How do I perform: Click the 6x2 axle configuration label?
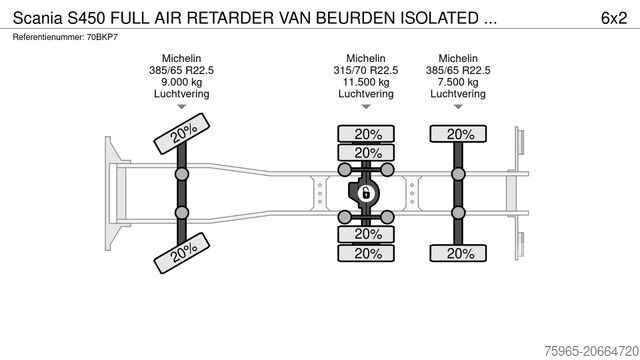pyautogui.click(x=614, y=17)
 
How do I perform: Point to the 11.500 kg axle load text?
pyautogui.click(x=367, y=83)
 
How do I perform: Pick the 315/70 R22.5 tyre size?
pyautogui.click(x=367, y=71)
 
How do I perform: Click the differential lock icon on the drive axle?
pyautogui.click(x=366, y=193)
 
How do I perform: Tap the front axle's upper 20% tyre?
pyautogui.click(x=182, y=135)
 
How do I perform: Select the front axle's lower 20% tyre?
pyautogui.click(x=182, y=251)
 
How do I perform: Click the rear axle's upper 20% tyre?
pyautogui.click(x=459, y=134)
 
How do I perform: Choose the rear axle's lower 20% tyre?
pyautogui.click(x=459, y=253)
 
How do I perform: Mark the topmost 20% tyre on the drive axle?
pyautogui.click(x=367, y=134)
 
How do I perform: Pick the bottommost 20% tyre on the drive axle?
pyautogui.click(x=367, y=253)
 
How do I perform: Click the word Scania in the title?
pyautogui.click(x=36, y=17)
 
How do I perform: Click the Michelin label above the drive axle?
pyautogui.click(x=367, y=58)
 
